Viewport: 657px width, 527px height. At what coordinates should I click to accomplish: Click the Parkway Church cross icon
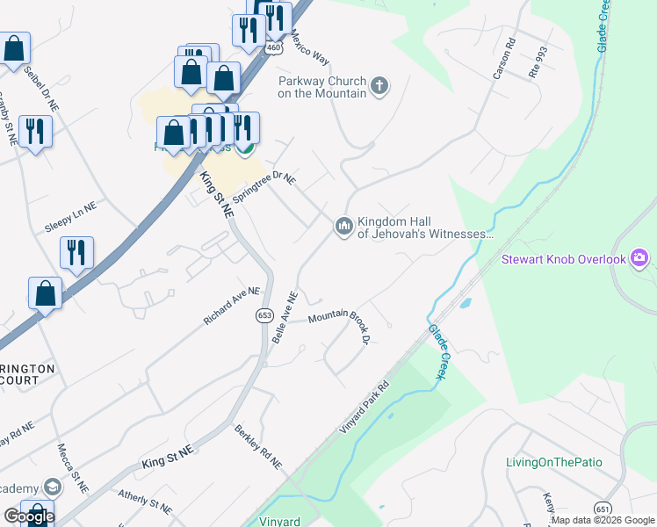(x=379, y=85)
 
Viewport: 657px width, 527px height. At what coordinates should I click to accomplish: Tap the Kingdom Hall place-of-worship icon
(x=343, y=227)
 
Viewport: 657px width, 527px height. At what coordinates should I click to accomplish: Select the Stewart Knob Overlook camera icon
(x=639, y=258)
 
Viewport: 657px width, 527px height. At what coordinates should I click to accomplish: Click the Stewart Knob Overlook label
(x=563, y=259)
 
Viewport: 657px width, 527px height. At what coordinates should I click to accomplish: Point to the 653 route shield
(x=264, y=315)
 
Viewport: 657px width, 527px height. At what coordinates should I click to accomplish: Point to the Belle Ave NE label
(x=287, y=318)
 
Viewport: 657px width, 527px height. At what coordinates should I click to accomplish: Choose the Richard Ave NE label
(x=232, y=305)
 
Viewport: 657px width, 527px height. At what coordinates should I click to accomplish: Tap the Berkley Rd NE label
(x=258, y=445)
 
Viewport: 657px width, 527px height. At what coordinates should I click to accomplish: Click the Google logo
(x=29, y=516)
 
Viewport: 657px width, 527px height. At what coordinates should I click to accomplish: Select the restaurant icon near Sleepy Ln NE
(x=77, y=253)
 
